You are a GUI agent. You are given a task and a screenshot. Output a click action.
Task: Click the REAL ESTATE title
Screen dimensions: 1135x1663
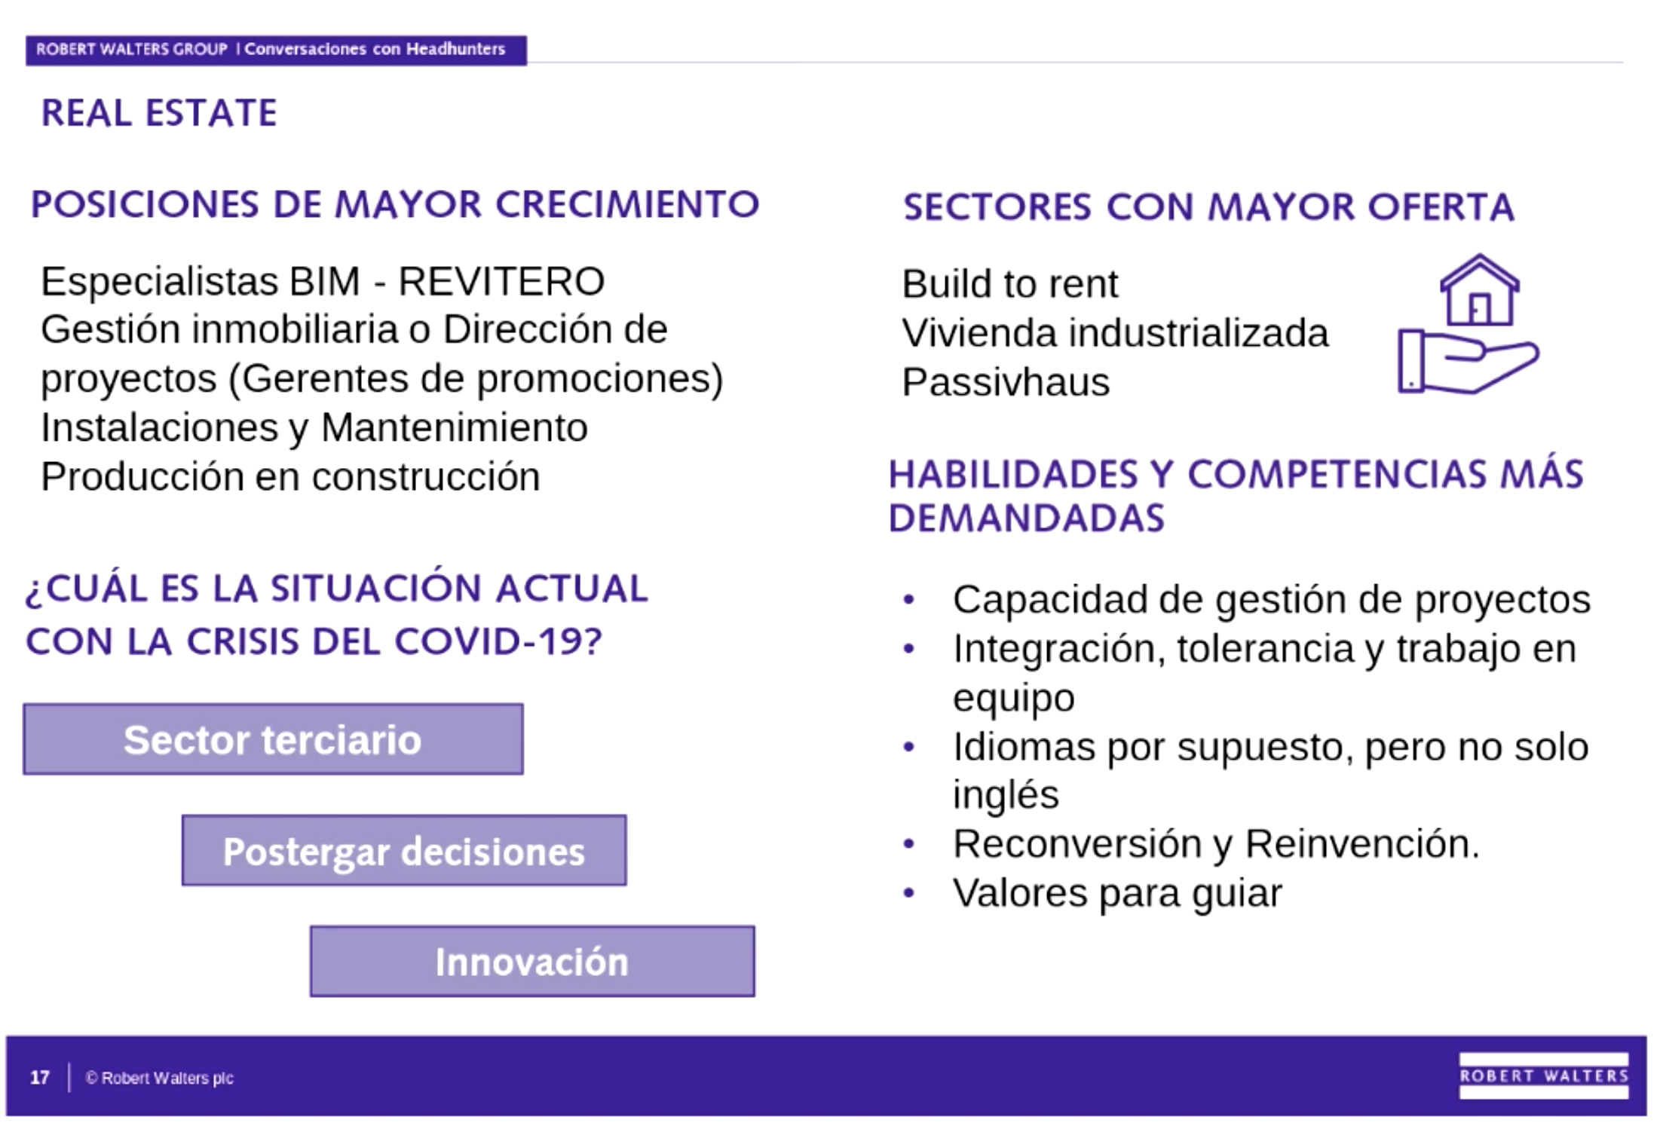pos(159,113)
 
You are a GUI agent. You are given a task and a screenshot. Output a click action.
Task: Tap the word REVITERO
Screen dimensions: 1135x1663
pos(501,282)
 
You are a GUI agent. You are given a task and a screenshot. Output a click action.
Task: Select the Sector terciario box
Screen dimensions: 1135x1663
pos(273,739)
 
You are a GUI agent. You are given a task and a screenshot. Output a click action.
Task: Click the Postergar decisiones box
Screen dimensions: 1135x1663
pos(404,851)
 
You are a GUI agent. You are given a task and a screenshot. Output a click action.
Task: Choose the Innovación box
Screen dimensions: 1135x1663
pos(532,962)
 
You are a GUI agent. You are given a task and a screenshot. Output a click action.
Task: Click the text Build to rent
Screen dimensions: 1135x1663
pos(1009,284)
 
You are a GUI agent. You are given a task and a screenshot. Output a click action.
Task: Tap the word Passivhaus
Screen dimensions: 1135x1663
pos(1006,382)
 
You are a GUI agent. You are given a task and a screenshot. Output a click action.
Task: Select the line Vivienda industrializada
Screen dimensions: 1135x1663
pos(1115,333)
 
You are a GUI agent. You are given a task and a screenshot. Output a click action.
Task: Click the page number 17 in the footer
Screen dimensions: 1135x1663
pos(40,1078)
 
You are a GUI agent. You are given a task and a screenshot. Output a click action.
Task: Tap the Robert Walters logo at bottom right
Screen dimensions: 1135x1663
pos(1543,1076)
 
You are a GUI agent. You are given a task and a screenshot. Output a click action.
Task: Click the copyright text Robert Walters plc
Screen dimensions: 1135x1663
pos(160,1078)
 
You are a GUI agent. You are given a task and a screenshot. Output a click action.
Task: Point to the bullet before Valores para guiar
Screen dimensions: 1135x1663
pos(908,894)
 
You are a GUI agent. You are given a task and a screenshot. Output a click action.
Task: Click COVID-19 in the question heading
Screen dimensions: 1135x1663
pos(498,642)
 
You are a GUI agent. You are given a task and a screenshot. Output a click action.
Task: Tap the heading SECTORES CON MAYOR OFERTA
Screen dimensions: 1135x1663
pos(1208,207)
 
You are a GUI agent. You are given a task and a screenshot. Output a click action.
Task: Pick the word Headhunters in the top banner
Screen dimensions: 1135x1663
pos(455,50)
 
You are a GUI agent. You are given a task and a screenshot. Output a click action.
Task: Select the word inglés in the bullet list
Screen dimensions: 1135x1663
pos(1006,795)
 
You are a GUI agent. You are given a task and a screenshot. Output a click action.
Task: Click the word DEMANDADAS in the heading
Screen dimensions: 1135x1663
pos(1026,519)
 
